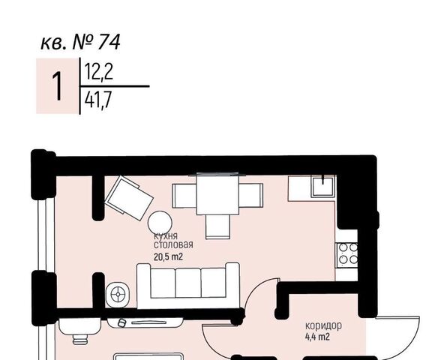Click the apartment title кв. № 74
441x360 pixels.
pyautogui.click(x=80, y=43)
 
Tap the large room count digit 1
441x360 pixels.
pyautogui.click(x=57, y=85)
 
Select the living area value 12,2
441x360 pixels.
pyautogui.click(x=98, y=72)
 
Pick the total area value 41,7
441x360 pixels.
pyautogui.click(x=98, y=100)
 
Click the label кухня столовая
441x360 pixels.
pyautogui.click(x=173, y=241)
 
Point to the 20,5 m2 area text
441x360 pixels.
pyautogui.click(x=169, y=256)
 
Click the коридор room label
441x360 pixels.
pyautogui.click(x=324, y=325)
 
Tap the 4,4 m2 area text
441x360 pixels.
pyautogui.click(x=317, y=336)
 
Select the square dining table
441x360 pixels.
pyautogui.click(x=217, y=194)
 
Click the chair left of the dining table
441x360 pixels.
pyautogui.click(x=184, y=196)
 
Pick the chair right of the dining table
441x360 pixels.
pyautogui.click(x=250, y=196)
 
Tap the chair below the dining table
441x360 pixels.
pyautogui.click(x=218, y=226)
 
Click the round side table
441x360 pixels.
pyautogui.click(x=160, y=223)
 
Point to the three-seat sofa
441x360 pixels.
pyautogui.click(x=188, y=285)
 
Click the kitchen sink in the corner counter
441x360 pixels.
pyautogui.click(x=323, y=186)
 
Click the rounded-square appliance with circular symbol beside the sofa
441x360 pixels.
pyautogui.click(x=118, y=295)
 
